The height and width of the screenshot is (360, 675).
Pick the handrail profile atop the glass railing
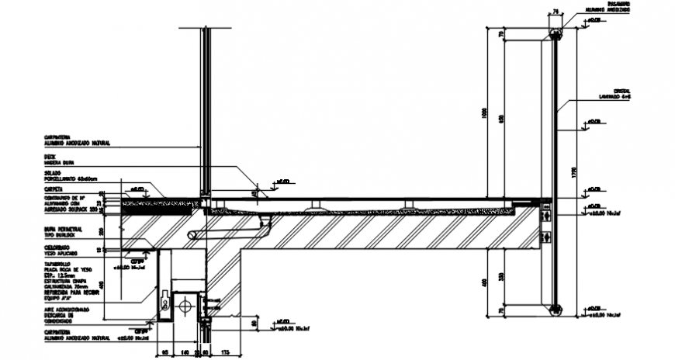coord(555,33)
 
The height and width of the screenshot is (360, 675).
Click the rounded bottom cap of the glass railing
coord(555,310)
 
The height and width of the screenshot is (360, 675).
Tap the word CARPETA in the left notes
coord(54,189)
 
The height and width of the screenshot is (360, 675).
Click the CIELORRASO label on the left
coord(57,246)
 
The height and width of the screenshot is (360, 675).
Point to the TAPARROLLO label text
coord(60,264)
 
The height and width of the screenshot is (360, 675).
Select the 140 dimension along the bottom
coord(184,353)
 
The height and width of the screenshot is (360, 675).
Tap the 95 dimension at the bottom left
coord(165,353)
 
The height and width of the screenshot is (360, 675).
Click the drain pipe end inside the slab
coord(193,234)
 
